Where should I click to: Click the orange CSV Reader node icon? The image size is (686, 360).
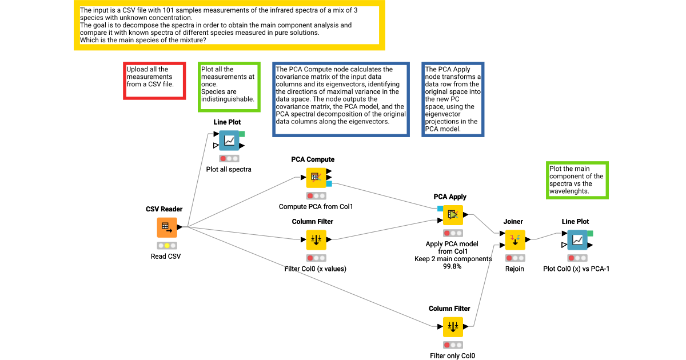(167, 227)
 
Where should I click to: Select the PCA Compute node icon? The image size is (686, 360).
(316, 177)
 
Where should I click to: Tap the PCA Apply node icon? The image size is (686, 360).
(453, 215)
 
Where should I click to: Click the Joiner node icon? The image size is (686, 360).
(514, 239)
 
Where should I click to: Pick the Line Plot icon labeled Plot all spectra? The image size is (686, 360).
(229, 141)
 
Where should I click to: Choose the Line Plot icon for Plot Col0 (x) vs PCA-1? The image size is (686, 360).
(577, 239)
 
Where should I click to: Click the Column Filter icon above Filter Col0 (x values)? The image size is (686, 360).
(316, 240)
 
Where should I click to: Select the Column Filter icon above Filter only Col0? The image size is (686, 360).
(453, 327)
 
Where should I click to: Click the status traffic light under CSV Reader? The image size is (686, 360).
(167, 245)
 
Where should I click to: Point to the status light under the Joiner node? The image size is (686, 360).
(514, 258)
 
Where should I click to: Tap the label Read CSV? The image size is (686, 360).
(166, 257)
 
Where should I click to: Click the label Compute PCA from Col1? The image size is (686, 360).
(316, 206)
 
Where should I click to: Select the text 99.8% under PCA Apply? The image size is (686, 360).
(453, 266)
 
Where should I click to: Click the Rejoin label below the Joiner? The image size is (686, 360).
(514, 269)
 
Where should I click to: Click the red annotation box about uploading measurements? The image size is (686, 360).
(154, 81)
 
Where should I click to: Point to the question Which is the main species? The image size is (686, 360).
(143, 40)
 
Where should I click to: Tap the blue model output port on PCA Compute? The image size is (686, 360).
(329, 184)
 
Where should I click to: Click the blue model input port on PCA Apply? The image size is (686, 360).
(440, 208)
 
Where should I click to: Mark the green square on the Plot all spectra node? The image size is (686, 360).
(242, 134)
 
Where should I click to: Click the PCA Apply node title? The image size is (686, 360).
(450, 197)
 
